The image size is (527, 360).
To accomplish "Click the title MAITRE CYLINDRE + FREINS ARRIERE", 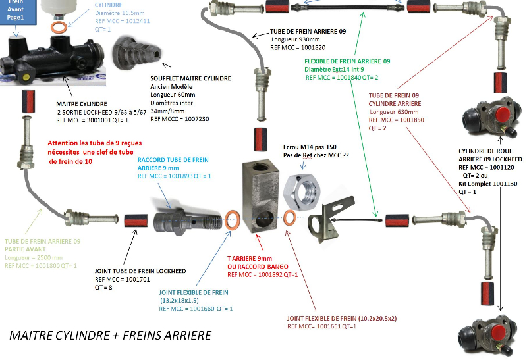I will [110, 336].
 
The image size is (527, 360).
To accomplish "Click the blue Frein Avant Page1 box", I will [16, 11].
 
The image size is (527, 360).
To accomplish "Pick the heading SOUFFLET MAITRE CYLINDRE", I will [190, 78].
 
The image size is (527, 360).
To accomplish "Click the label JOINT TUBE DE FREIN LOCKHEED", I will [140, 271].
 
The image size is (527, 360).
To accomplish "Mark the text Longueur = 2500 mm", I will [33, 257].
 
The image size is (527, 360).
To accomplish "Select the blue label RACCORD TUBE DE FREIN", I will [173, 160].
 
